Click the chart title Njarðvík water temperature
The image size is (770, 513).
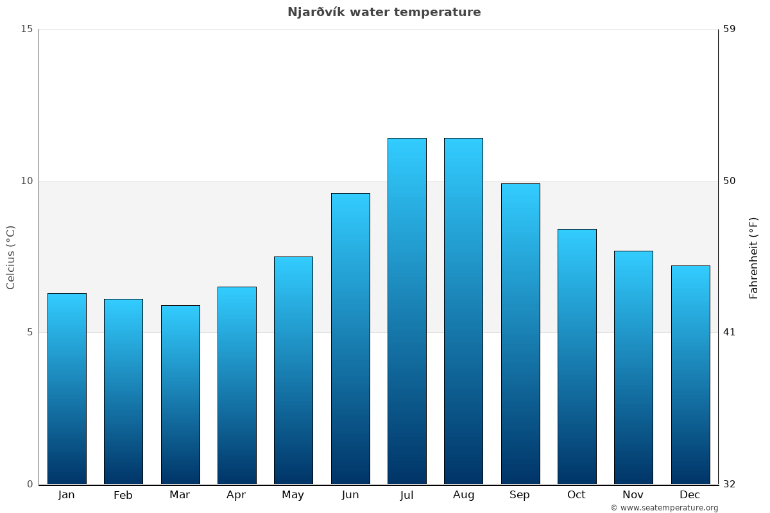coord(384,12)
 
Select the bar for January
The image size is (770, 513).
coord(67,389)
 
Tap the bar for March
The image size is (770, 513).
coord(180,394)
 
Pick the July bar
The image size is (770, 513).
coord(407,311)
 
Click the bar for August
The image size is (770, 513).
coord(463,311)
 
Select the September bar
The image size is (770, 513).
coord(520,333)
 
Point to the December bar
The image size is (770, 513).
coord(690,374)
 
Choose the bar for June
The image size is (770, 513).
coord(350,339)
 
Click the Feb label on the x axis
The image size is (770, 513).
coord(123,495)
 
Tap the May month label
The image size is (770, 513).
coord(293,495)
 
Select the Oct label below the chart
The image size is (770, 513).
coord(576,495)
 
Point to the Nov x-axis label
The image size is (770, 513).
coord(633,495)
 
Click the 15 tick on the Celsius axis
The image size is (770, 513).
coord(26,29)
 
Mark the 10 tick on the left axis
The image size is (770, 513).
coord(26,181)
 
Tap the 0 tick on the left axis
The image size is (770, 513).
coord(30,484)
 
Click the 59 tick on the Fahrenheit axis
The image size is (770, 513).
coord(730,29)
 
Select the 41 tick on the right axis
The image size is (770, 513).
coord(730,332)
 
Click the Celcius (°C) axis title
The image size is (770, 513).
coord(10,257)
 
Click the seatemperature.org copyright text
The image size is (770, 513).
coord(664,508)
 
